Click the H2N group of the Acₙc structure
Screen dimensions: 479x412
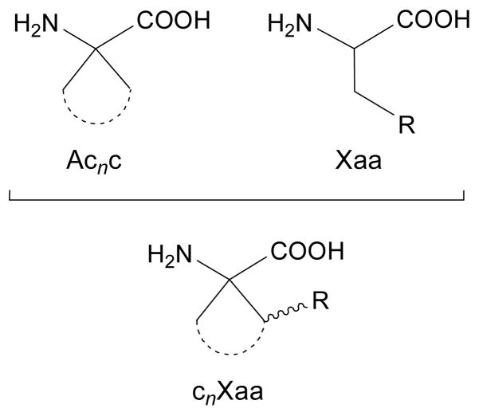[37, 26]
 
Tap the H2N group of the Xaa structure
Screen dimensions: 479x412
[292, 27]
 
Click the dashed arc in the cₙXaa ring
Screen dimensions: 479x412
[231, 344]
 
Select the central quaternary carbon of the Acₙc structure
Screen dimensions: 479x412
[96, 50]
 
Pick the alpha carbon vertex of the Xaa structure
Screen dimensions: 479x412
[351, 50]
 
